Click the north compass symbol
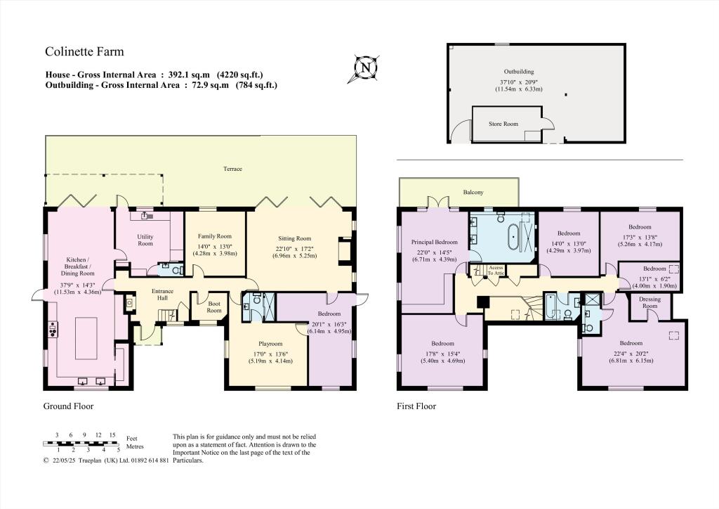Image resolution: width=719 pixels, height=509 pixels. point(365,67)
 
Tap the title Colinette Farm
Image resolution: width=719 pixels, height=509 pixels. point(84,51)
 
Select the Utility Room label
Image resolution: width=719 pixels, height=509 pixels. point(145,240)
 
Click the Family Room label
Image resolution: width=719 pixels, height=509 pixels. point(214,236)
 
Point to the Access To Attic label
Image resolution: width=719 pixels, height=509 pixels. point(496,270)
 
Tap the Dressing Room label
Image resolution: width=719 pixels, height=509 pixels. point(650,302)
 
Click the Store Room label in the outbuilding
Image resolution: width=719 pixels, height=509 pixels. point(503,124)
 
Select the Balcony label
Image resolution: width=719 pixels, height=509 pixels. point(473,192)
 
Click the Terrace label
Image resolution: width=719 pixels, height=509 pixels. point(232,169)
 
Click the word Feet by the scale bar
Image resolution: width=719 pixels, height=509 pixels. point(132,437)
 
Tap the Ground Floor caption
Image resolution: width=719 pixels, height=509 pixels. point(68,406)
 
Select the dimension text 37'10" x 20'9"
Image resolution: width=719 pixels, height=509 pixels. point(518,82)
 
